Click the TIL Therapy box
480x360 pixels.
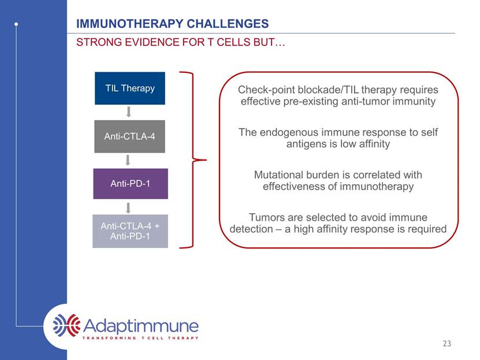coord(130,88)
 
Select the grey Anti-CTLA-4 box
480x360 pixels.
coord(129,136)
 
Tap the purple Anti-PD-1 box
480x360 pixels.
coord(131,184)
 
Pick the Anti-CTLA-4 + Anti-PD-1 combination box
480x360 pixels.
coord(130,231)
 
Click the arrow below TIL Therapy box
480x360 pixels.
coord(129,112)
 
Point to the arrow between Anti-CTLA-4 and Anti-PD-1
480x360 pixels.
coord(128,160)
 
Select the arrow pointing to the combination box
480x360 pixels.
coord(128,208)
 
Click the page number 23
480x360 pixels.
coord(446,343)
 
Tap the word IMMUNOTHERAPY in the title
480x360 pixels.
coord(129,24)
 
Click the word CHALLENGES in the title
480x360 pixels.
coord(228,24)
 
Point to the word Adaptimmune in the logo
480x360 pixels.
coord(141,326)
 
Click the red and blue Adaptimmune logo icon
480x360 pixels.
coord(67,325)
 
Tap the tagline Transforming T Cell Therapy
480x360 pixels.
coord(140,338)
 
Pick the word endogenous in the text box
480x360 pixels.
coord(289,132)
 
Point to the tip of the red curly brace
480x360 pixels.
coord(207,159)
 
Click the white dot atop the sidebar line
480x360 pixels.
coord(16,24)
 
